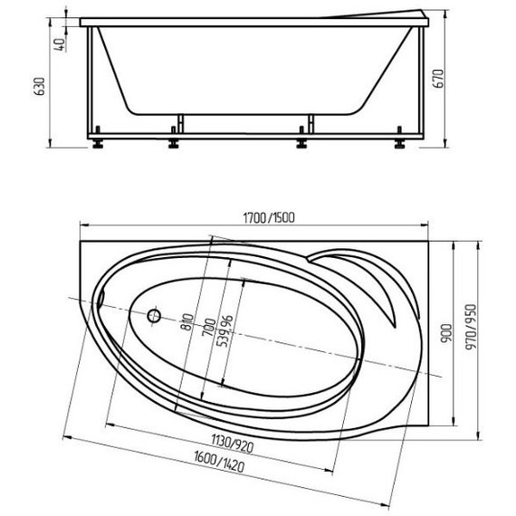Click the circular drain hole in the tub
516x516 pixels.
pyautogui.click(x=154, y=317)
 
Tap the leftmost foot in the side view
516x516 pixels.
pyautogui.click(x=98, y=141)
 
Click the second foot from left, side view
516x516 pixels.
pyautogui.click(x=173, y=141)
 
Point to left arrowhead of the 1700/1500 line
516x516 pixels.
pyautogui.click(x=82, y=225)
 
